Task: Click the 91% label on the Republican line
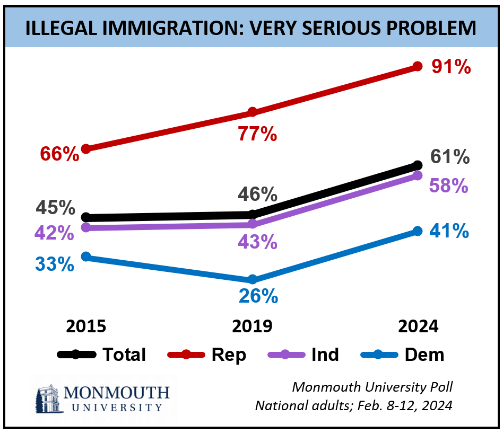450,67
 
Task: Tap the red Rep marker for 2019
253,112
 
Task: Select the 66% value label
59,154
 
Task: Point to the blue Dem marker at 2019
253,279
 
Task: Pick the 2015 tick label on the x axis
86,326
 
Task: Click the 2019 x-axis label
253,326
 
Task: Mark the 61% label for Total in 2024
450,157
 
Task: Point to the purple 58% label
449,185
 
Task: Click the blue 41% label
450,231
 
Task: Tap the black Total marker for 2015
86,217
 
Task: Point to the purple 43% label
257,242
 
